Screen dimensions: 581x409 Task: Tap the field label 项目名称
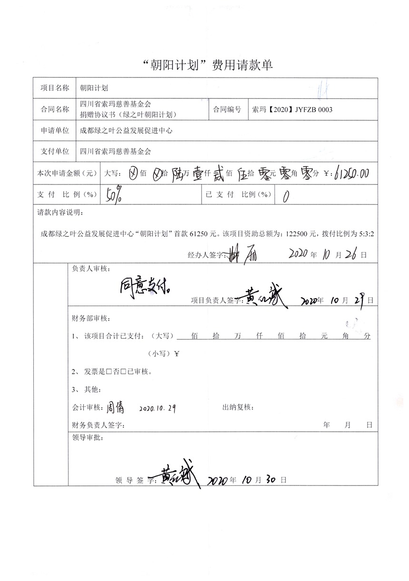[55, 88]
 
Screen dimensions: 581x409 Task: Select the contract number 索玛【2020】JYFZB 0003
[291, 110]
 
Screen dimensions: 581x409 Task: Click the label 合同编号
[227, 110]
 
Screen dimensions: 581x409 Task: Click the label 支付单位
[55, 152]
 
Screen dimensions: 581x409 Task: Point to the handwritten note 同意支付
[148, 287]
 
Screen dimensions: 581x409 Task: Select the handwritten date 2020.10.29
[157, 408]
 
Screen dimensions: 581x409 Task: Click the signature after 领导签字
[178, 475]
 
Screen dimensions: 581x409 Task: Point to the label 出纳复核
[238, 407]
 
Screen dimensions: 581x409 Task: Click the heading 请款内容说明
[60, 212]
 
